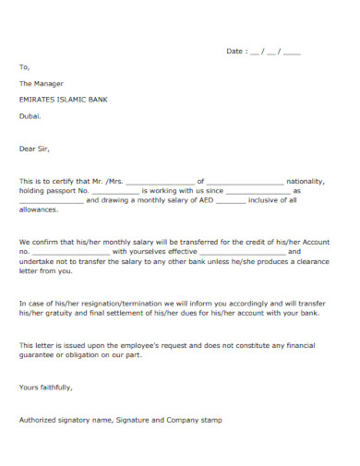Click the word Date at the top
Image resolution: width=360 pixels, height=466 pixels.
tap(234, 52)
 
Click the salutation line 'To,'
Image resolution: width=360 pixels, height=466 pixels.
tap(24, 67)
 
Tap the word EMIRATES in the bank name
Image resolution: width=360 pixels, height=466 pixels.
tap(37, 99)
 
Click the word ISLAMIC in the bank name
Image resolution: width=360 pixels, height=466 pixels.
tap(76, 99)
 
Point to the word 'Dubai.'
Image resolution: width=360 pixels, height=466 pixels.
tap(30, 115)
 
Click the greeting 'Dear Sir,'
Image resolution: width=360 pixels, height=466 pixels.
tap(34, 148)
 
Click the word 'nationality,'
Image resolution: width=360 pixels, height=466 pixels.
tap(304, 181)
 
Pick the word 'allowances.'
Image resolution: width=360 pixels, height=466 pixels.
tap(38, 209)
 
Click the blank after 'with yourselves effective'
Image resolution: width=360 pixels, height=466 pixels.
tap(242, 253)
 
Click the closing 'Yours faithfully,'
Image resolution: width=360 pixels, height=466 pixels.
tap(45, 387)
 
